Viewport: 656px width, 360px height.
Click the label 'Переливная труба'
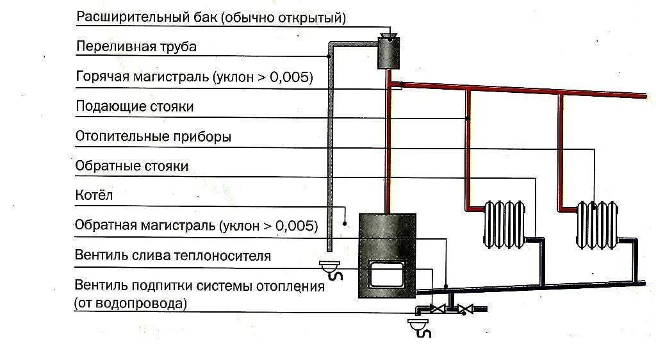point(136,47)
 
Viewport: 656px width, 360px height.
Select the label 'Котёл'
point(94,195)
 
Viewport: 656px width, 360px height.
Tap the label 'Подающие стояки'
point(135,106)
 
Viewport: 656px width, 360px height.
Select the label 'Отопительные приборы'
point(153,136)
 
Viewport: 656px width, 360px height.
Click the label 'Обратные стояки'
point(132,166)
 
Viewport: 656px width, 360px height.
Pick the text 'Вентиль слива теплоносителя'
point(173,256)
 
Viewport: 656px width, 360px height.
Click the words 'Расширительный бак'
point(147,17)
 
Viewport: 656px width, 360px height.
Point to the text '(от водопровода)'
point(131,303)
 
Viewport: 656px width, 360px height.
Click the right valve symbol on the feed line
point(469,309)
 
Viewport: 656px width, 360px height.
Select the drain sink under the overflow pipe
point(332,269)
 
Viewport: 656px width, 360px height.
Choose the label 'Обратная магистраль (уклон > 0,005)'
point(196,225)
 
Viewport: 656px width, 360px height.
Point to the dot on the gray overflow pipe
point(329,56)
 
